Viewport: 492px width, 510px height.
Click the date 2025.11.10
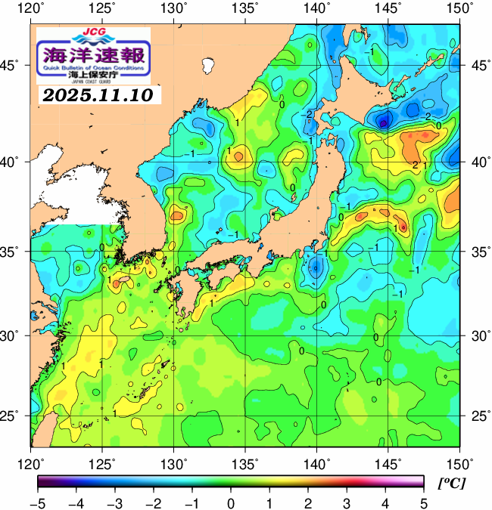coord(97,96)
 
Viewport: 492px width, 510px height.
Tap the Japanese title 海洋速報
coord(93,56)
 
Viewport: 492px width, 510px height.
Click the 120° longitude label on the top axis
coord(31,8)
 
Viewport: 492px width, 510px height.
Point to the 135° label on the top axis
coord(246,8)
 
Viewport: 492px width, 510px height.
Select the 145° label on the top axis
coord(388,8)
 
